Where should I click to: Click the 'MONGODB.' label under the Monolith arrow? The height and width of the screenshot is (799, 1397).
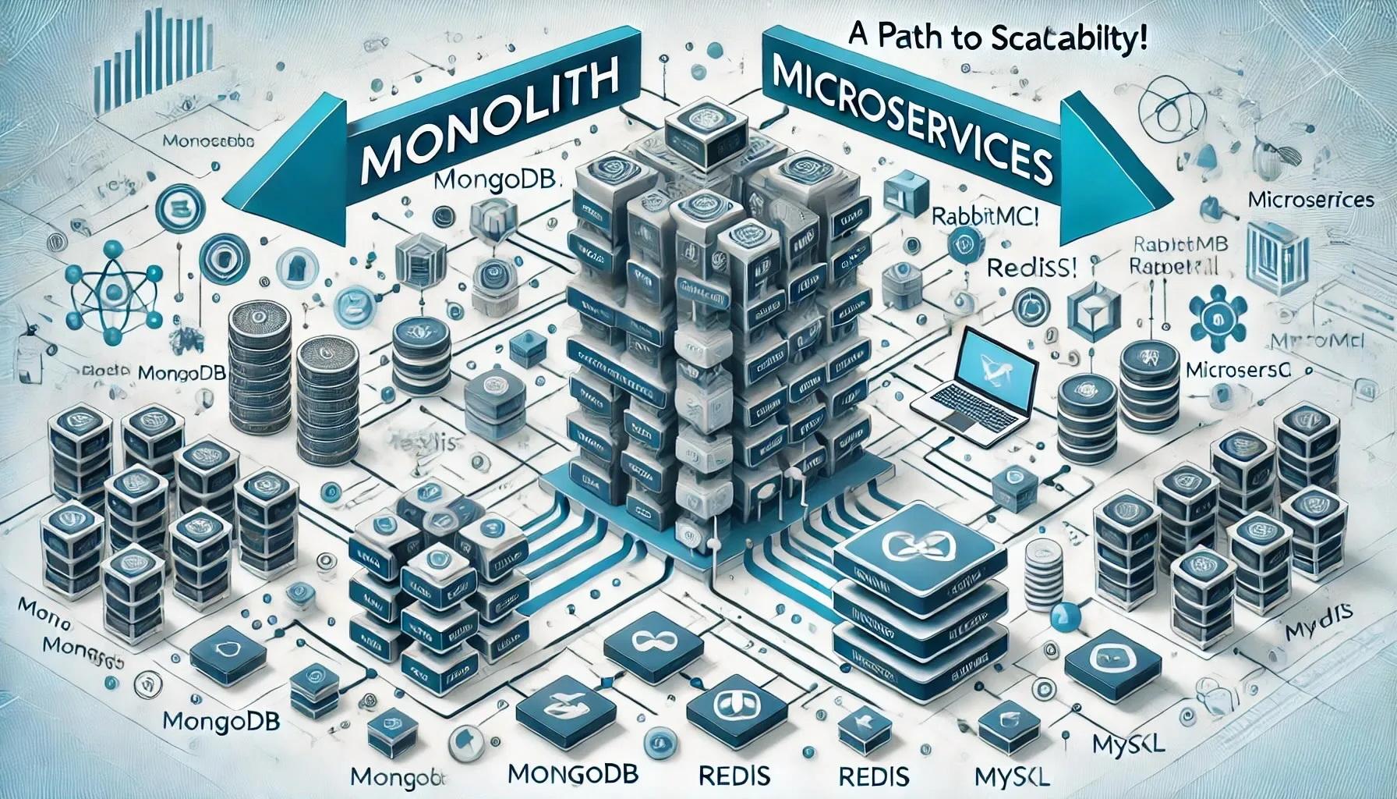(x=496, y=183)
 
